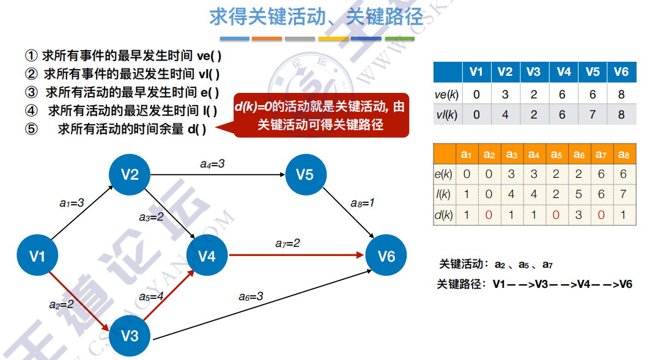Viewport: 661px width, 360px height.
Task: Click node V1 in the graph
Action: coord(38,255)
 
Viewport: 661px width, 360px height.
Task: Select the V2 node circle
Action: coord(130,175)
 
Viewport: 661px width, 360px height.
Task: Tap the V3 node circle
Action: coord(130,335)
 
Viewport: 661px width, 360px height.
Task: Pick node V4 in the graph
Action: coord(207,255)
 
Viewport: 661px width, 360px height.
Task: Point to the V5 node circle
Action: coord(305,175)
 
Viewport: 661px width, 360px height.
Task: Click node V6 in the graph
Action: coord(386,255)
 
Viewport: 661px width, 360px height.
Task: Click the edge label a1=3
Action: coord(72,203)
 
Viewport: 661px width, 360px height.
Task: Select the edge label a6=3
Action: coord(251,296)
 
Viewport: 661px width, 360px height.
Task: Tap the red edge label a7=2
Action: coord(287,243)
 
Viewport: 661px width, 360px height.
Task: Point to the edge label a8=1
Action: coord(362,203)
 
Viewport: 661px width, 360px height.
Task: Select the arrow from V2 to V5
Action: coord(218,175)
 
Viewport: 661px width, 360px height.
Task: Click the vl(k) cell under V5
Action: coord(592,114)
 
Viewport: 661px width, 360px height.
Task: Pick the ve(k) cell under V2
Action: coord(505,95)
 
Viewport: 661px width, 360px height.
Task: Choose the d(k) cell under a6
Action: coord(578,215)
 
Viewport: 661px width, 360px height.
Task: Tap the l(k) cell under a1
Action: coord(467,194)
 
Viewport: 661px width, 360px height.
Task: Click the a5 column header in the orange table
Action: coord(556,155)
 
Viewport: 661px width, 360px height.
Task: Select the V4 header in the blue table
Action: coord(563,72)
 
